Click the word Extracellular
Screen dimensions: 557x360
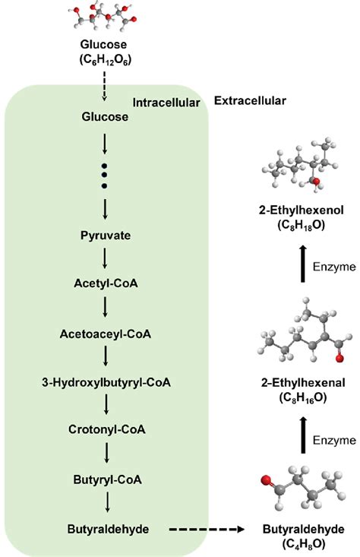[251, 100]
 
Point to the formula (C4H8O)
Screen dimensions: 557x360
[305, 541]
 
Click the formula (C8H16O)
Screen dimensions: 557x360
[305, 396]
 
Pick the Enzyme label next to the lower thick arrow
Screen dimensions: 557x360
[335, 440]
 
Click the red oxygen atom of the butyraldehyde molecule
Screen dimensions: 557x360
[266, 481]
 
